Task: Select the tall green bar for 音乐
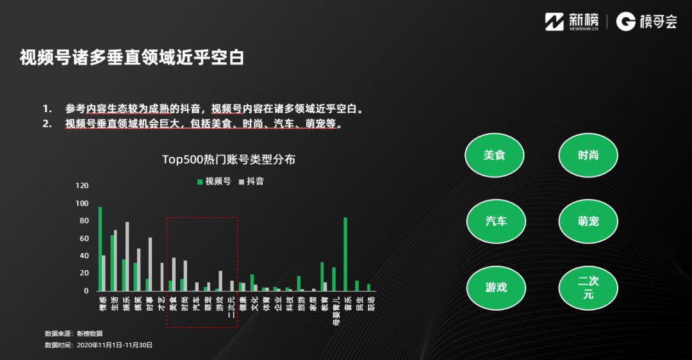(345, 254)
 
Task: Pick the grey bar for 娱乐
(128, 256)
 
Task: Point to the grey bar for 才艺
(162, 277)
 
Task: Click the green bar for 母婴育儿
(334, 279)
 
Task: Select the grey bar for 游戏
(220, 281)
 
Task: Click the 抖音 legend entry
(251, 181)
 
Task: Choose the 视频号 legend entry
(214, 181)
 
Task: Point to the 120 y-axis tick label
(82, 186)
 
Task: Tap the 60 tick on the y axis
(84, 238)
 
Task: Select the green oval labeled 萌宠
(588, 221)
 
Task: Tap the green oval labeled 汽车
(496, 221)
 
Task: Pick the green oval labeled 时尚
(588, 155)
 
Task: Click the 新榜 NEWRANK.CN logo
(572, 22)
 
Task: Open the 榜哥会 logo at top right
(647, 22)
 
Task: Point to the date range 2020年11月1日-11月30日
(115, 345)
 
